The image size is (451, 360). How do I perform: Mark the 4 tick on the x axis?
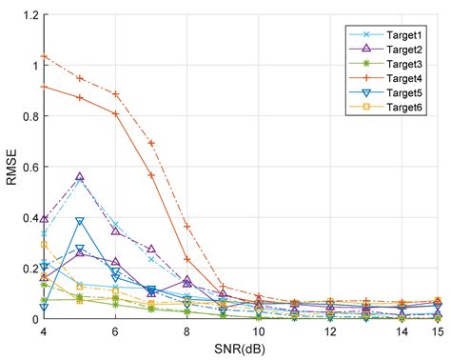click(x=44, y=330)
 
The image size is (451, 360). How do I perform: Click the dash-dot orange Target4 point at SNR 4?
click(x=44, y=57)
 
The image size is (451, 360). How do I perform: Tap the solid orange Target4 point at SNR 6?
click(x=115, y=114)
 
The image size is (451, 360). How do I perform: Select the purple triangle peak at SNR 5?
click(x=79, y=178)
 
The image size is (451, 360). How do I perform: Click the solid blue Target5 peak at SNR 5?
click(x=79, y=222)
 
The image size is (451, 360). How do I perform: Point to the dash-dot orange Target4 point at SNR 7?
click(x=150, y=144)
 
